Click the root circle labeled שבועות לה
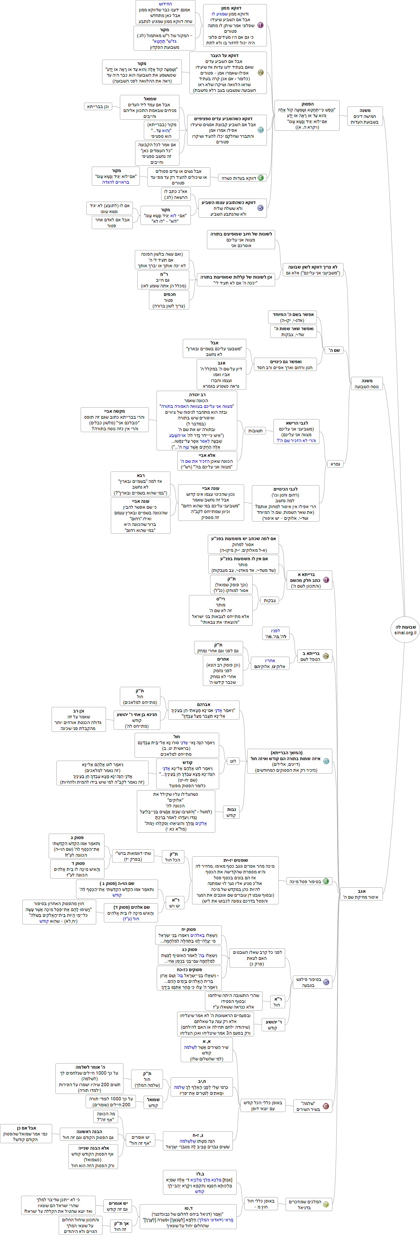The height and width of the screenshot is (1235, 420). click(x=405, y=629)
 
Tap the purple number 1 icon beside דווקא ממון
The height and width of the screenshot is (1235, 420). click(x=260, y=25)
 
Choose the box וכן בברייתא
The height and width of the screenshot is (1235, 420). click(x=98, y=107)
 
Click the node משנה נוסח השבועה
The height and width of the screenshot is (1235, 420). click(x=366, y=384)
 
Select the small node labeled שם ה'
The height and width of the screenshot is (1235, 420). click(x=334, y=351)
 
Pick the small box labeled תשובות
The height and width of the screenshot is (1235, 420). click(x=255, y=430)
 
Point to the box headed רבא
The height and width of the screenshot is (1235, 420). click(x=141, y=484)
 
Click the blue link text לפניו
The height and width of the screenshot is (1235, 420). click(x=275, y=631)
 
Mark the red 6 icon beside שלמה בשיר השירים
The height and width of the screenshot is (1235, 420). click(x=326, y=1106)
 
